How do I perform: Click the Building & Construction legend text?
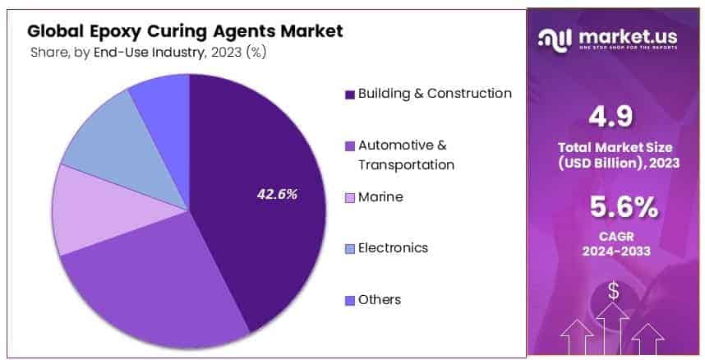[x=435, y=94]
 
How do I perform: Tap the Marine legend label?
[x=380, y=197]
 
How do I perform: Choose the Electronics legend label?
[x=393, y=247]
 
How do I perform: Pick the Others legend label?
[x=380, y=299]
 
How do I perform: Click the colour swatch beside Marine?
[x=350, y=198]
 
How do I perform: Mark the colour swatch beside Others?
[x=350, y=300]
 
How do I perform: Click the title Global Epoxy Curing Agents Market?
[x=185, y=31]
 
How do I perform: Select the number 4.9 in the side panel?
[x=612, y=117]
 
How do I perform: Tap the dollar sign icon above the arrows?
[x=613, y=290]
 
